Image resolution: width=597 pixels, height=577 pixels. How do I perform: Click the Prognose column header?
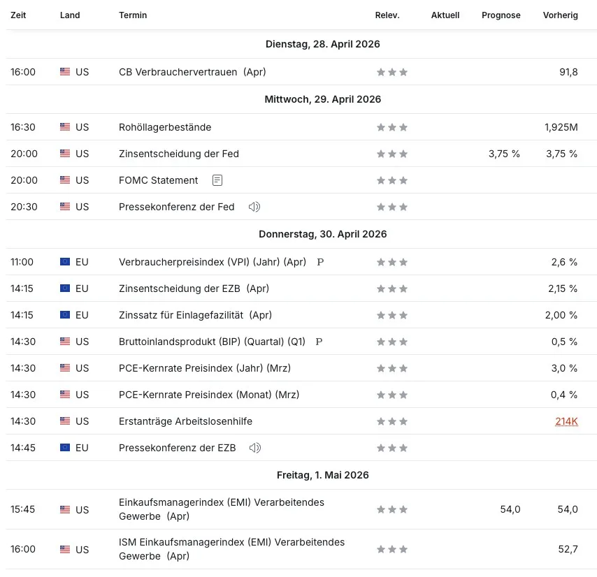point(501,15)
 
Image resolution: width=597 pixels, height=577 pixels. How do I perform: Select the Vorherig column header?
point(560,15)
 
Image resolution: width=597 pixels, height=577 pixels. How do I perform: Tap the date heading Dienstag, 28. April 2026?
point(322,44)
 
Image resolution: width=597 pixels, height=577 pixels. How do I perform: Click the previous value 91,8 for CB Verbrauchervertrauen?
point(568,72)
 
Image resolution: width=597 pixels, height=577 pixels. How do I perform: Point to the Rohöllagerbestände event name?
point(165,127)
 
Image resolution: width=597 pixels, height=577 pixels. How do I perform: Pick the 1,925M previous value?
point(561,127)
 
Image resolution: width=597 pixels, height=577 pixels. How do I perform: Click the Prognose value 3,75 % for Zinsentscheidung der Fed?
point(504,154)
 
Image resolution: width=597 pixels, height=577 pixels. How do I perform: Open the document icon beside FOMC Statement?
point(217,180)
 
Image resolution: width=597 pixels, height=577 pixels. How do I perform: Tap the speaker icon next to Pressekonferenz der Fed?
point(254,207)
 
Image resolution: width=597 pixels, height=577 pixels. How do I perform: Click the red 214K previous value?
point(566,421)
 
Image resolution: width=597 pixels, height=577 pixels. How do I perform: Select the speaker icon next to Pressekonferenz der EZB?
point(255,448)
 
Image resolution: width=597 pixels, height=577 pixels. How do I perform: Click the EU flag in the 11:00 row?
point(65,262)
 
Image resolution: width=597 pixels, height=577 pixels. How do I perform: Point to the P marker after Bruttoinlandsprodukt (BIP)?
point(319,342)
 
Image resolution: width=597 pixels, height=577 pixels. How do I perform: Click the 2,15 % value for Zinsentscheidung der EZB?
point(563,288)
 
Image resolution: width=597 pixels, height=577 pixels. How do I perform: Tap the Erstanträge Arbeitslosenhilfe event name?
point(185,421)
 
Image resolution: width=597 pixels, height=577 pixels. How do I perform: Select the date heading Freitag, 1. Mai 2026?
point(322,475)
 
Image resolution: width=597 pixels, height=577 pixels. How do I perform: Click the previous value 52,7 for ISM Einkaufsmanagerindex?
point(568,549)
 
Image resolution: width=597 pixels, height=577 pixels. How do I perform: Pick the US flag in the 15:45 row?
point(65,509)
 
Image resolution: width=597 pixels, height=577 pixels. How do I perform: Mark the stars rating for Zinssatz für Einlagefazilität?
point(392,315)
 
